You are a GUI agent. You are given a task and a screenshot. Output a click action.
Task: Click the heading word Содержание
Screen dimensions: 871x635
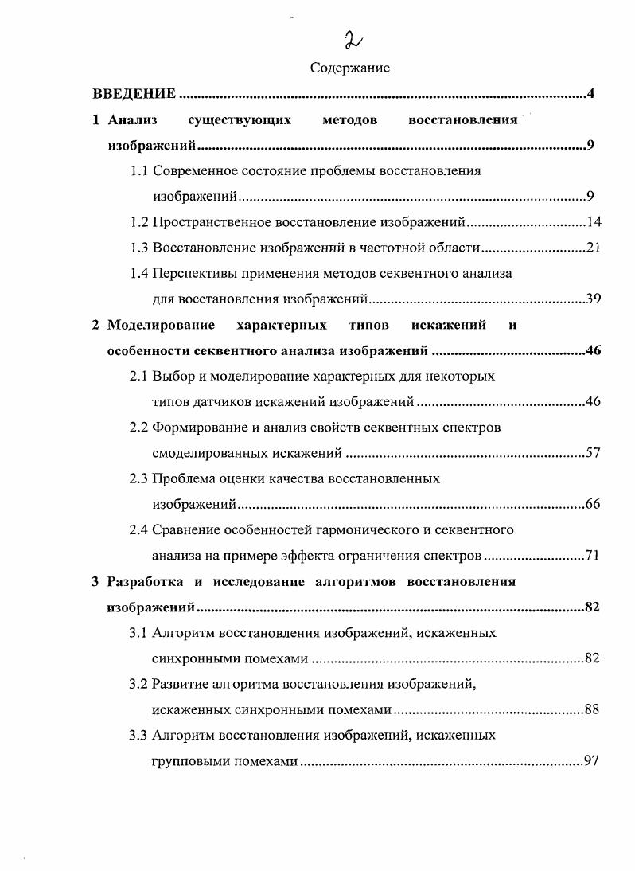tap(350, 68)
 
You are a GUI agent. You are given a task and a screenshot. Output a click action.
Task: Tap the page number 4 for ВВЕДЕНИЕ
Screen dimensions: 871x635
tap(591, 95)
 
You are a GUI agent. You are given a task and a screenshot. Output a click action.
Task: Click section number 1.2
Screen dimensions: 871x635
tap(139, 222)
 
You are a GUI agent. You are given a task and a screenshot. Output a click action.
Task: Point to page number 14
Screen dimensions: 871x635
tap(593, 222)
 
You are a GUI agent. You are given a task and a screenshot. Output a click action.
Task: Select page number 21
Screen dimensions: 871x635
tap(593, 248)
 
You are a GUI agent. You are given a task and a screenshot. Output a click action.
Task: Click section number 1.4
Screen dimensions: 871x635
tap(139, 273)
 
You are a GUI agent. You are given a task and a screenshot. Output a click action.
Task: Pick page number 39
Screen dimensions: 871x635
tap(593, 299)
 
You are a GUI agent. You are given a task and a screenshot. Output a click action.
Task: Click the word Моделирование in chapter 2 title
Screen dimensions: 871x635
tap(162, 325)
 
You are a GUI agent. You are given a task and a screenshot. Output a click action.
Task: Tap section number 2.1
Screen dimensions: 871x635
tap(139, 376)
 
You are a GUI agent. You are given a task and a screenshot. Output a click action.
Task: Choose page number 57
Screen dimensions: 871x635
tap(593, 453)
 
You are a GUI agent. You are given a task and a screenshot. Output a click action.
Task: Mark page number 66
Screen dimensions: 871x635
tap(593, 505)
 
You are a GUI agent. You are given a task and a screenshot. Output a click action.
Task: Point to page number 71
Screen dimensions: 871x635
tap(593, 556)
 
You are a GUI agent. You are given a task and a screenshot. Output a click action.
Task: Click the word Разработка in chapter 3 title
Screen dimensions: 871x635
tap(144, 581)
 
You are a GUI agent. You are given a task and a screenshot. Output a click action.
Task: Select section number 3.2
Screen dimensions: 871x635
tap(139, 684)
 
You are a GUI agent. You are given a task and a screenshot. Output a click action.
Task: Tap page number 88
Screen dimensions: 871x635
tap(591, 709)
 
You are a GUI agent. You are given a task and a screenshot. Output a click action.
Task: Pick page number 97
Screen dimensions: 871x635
tap(591, 761)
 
